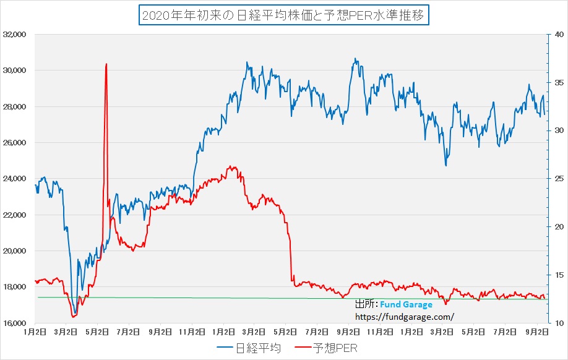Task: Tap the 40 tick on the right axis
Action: click(x=557, y=35)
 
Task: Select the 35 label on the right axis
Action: click(x=557, y=82)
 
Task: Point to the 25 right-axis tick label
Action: click(x=557, y=179)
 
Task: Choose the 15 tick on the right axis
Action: click(x=557, y=275)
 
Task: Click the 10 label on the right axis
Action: click(x=557, y=323)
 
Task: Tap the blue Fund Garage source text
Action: click(x=406, y=305)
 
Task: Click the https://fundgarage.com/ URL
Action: click(x=404, y=316)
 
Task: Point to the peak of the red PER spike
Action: click(x=106, y=64)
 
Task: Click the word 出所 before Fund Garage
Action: click(x=365, y=305)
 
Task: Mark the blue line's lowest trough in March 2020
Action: click(x=75, y=312)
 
